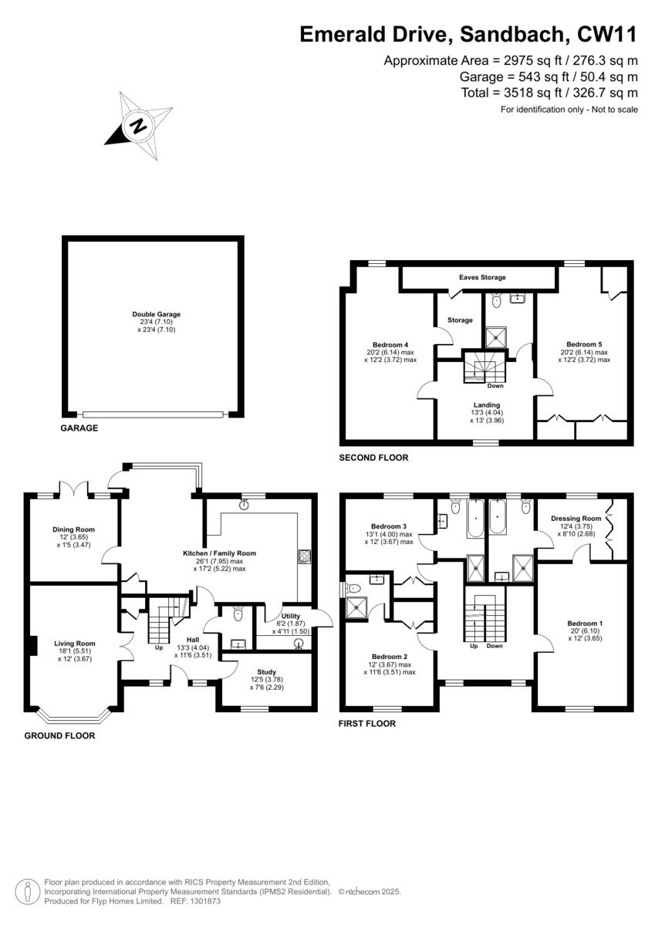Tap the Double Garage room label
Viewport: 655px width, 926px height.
tap(156, 314)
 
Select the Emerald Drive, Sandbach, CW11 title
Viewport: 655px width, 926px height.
tap(468, 35)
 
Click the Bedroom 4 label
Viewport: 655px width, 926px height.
tap(390, 344)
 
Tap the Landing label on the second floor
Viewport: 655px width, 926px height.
tap(487, 404)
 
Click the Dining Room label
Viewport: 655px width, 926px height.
tap(74, 529)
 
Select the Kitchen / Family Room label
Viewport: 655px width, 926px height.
tap(219, 553)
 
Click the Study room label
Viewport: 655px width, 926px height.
tap(267, 672)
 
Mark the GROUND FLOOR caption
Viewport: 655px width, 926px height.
tap(59, 736)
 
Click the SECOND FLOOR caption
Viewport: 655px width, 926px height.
tap(373, 458)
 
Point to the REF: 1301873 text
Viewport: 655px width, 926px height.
tap(195, 901)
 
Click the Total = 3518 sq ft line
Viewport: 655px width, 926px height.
tap(549, 93)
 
